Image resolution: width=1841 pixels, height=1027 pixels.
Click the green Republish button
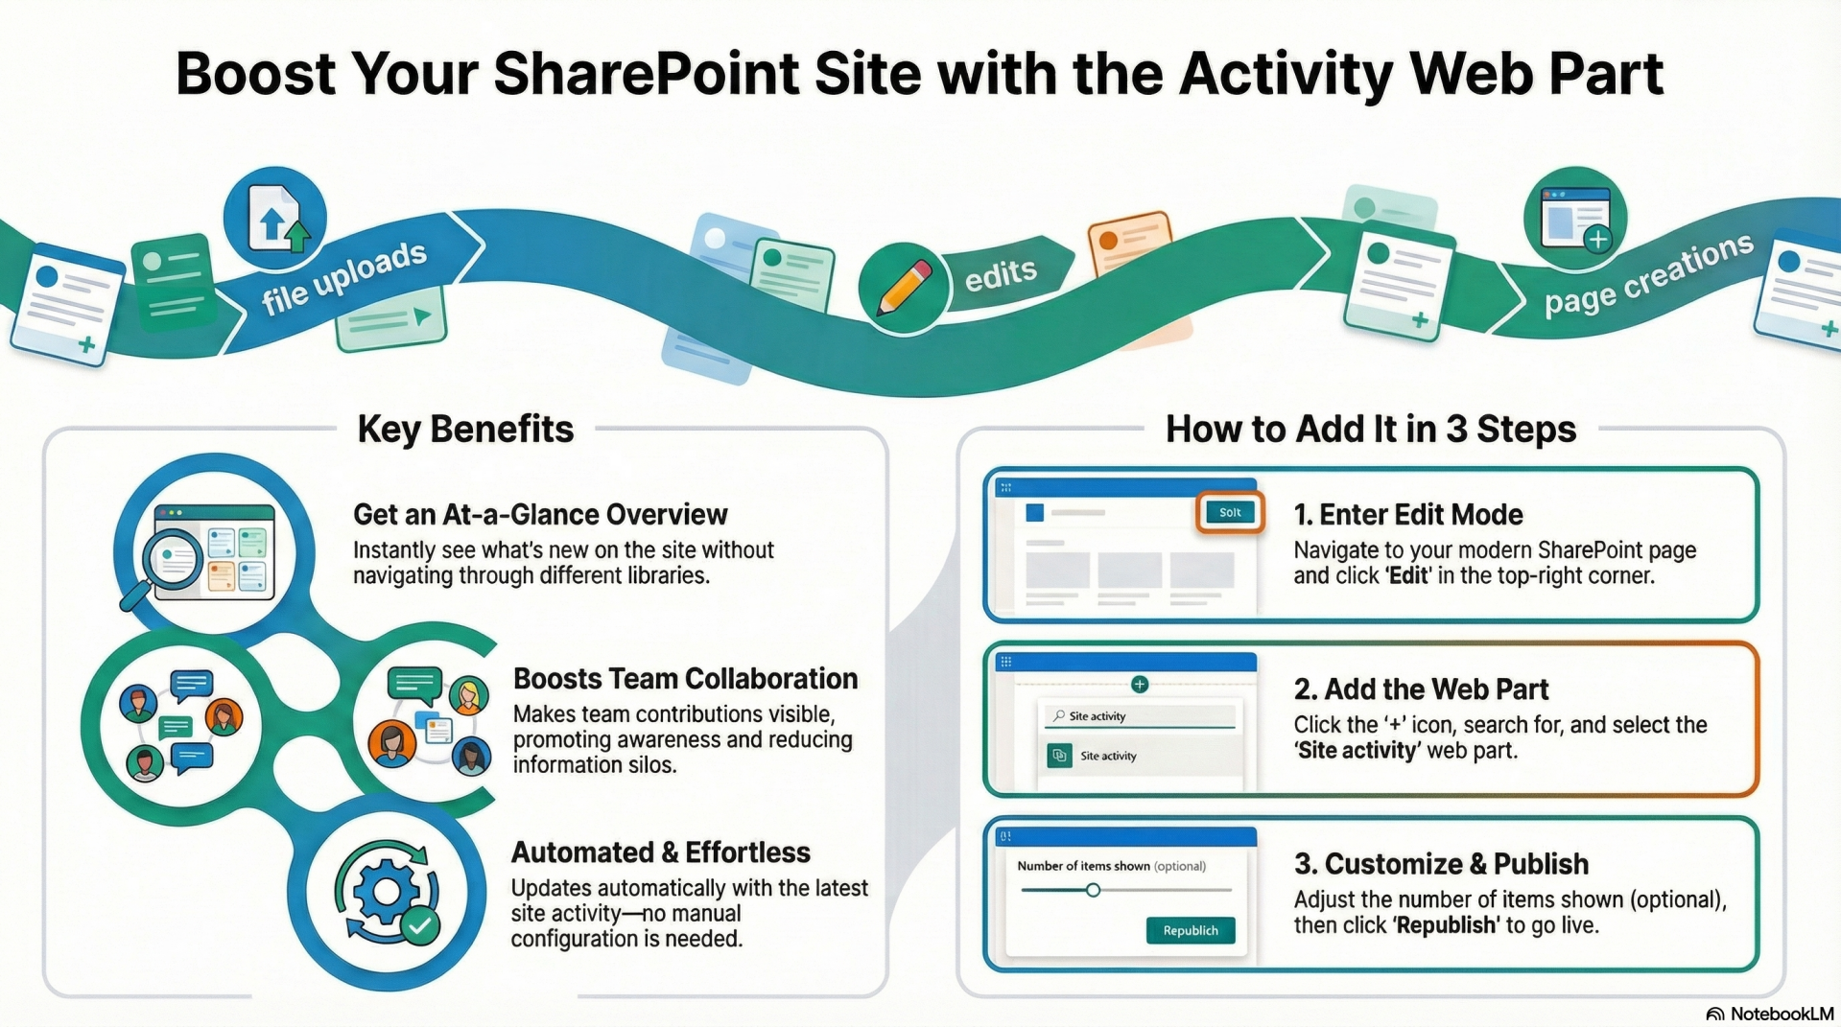pyautogui.click(x=1190, y=930)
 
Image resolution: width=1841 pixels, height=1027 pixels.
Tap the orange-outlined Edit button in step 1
pyautogui.click(x=1230, y=513)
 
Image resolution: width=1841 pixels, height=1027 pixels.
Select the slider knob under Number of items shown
pyautogui.click(x=1093, y=891)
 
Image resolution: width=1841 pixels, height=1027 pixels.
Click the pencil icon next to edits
pyautogui.click(x=902, y=287)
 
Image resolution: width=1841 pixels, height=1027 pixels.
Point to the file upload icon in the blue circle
pyautogui.click(x=275, y=220)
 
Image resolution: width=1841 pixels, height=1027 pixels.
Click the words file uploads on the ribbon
pyautogui.click(x=344, y=277)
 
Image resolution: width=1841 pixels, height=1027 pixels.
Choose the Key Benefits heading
pyautogui.click(x=465, y=429)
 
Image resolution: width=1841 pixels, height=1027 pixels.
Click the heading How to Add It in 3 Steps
pyautogui.click(x=1370, y=429)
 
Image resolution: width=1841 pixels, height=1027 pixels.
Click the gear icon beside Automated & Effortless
pyautogui.click(x=387, y=891)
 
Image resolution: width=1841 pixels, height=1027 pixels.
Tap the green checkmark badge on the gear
pyautogui.click(x=420, y=925)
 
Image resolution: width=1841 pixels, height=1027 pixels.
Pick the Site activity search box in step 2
pyautogui.click(x=1140, y=716)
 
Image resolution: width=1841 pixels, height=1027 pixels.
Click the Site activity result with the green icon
pyautogui.click(x=1107, y=756)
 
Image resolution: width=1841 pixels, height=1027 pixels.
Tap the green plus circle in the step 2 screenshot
pyautogui.click(x=1140, y=684)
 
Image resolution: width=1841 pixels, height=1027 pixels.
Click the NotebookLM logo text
pyautogui.click(x=1781, y=1014)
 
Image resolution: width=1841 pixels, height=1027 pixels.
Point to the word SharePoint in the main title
pyautogui.click(x=646, y=74)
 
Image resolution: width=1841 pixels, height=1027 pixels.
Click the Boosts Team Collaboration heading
pyautogui.click(x=685, y=679)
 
